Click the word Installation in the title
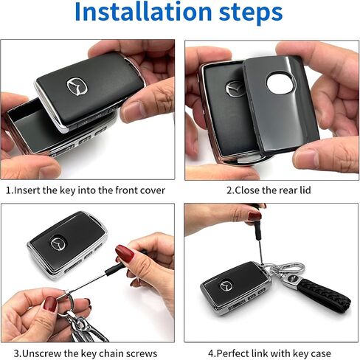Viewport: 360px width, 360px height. [143, 11]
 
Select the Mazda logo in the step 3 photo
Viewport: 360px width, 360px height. [59, 243]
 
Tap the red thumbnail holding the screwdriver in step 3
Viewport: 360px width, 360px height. [125, 253]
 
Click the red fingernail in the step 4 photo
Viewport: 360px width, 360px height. [255, 216]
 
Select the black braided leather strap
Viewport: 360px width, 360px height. [324, 294]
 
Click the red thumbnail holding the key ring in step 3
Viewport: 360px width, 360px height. [50, 304]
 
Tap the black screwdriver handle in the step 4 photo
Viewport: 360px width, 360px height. [257, 225]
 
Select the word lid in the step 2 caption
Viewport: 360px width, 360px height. [305, 190]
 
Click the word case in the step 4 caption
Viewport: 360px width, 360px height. [320, 354]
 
